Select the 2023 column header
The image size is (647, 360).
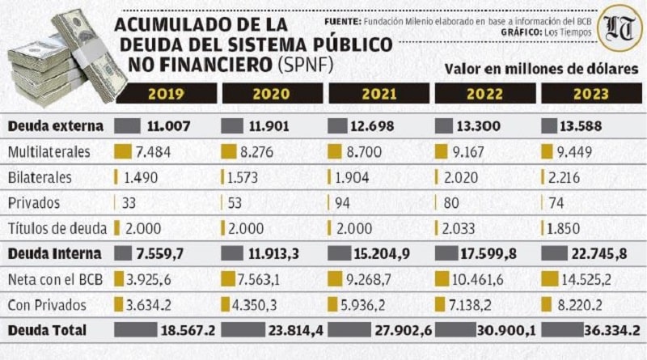[x=591, y=93]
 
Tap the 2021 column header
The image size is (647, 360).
[x=378, y=93]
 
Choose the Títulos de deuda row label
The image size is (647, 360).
[x=53, y=227]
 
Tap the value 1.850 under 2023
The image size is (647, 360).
[x=565, y=227]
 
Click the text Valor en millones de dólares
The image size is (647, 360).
[x=541, y=69]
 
